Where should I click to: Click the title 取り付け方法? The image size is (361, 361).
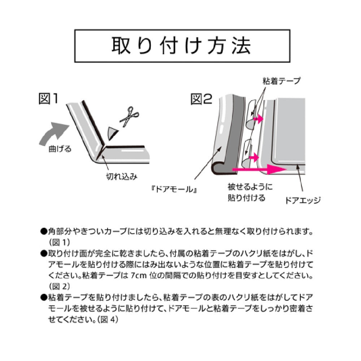[182, 45]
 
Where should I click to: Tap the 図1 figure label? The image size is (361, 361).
[48, 99]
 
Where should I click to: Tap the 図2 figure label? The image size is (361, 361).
[201, 99]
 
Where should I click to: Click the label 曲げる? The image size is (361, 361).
[60, 149]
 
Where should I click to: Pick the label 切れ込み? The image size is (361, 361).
[122, 177]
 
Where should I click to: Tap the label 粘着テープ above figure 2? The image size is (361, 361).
[282, 81]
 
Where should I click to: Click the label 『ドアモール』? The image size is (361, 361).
[174, 189]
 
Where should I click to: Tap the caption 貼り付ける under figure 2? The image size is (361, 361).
[247, 198]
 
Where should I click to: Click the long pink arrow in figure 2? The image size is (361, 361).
[259, 170]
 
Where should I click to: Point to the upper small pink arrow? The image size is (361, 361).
[258, 119]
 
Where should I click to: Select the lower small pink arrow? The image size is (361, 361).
[254, 158]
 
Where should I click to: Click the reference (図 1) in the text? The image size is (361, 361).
[60, 242]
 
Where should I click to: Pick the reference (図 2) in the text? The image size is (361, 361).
[60, 286]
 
